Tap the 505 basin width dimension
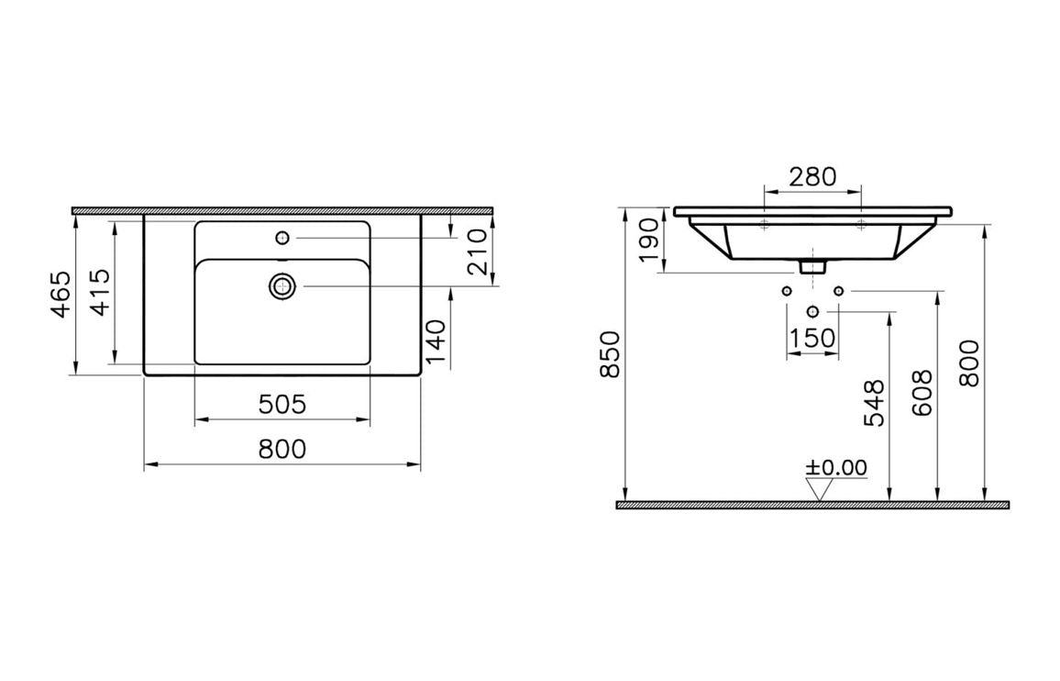[282, 404]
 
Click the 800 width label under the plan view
[282, 450]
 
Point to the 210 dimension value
[478, 252]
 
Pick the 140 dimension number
[437, 340]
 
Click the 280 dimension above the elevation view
[812, 176]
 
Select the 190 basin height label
[647, 240]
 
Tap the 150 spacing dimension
[812, 338]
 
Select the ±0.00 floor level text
[835, 467]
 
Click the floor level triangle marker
[817, 490]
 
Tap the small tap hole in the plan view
[282, 239]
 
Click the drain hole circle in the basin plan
[282, 287]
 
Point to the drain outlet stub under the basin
[812, 267]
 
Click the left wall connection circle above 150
[786, 292]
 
